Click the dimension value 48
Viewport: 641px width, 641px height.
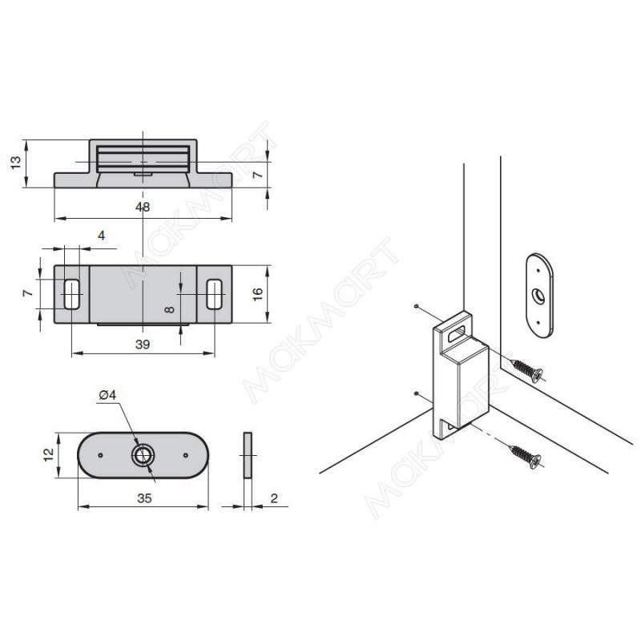[x=143, y=208]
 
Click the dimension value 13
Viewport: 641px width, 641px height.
[x=15, y=163]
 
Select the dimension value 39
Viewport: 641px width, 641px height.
[x=143, y=345]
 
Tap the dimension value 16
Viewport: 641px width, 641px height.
[x=258, y=294]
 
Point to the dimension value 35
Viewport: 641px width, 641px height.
[x=144, y=498]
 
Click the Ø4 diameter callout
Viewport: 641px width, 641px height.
[x=108, y=395]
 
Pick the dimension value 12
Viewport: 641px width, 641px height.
[x=49, y=454]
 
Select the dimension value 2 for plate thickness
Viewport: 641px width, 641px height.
[x=274, y=498]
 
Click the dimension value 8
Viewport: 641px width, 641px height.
[x=169, y=309]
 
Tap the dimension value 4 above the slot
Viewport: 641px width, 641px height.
[x=102, y=236]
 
